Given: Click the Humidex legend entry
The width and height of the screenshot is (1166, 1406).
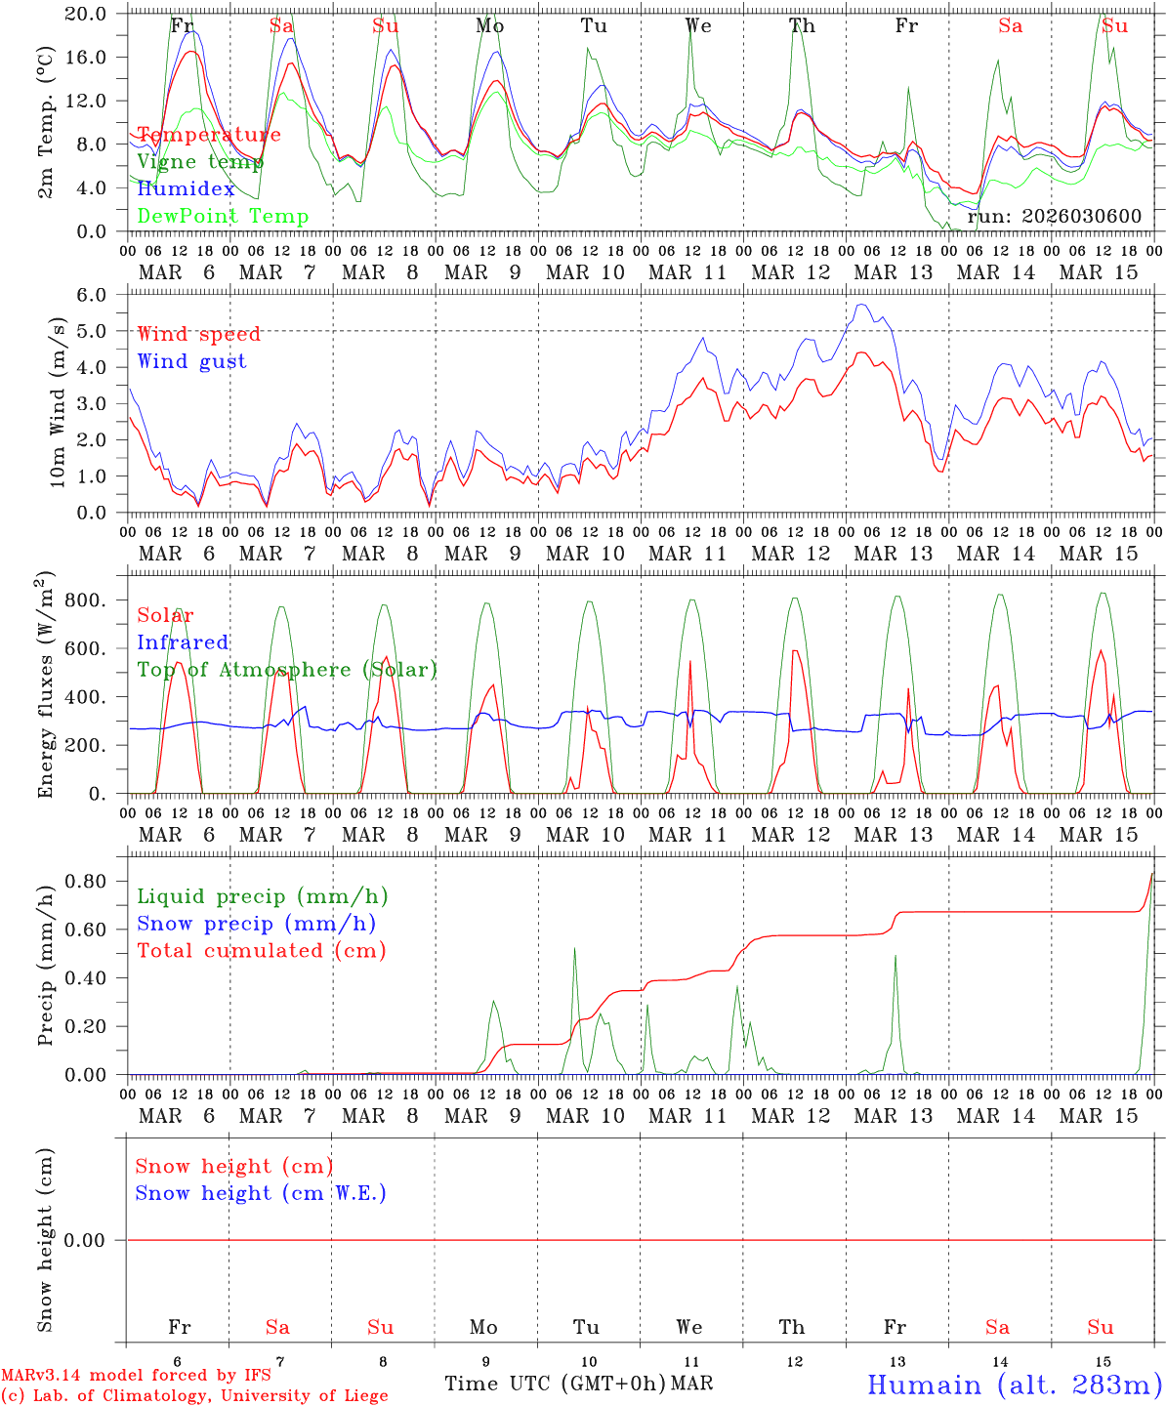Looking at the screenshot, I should click(186, 189).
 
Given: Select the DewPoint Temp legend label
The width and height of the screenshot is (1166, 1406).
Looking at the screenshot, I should click(223, 217).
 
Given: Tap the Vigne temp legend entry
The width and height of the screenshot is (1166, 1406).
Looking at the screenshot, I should click(193, 162).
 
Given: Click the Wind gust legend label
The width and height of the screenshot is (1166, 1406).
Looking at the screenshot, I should click(191, 361).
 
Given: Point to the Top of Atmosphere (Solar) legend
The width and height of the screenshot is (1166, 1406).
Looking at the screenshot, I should click(287, 670).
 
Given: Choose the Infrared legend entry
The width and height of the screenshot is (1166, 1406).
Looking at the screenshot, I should click(183, 642).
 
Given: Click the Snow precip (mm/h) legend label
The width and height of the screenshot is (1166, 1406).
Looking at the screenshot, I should click(256, 924).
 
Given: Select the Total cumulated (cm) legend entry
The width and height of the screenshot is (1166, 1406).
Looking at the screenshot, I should click(261, 951).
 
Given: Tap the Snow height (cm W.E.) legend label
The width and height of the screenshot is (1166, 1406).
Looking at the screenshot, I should click(261, 1193).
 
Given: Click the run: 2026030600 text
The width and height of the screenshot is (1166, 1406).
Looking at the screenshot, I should click(1054, 217).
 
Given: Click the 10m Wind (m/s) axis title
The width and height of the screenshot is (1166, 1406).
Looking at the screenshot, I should click(58, 402).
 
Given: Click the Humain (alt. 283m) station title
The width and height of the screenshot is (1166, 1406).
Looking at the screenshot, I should click(1015, 1385).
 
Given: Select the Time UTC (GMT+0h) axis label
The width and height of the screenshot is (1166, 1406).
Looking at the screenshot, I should click(555, 1384).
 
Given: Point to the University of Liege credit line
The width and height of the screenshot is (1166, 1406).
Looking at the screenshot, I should click(194, 1395).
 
